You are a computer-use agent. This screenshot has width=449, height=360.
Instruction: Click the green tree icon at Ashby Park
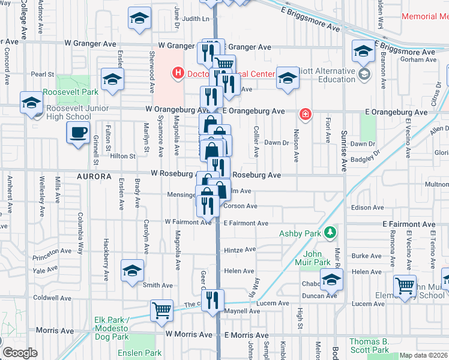[x=329, y=232]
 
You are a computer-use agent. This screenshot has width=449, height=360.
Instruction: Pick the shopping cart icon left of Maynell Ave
[x=161, y=311]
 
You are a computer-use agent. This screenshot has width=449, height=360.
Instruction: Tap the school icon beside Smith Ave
[x=133, y=271]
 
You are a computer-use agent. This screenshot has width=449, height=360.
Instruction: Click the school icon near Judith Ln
[x=139, y=19]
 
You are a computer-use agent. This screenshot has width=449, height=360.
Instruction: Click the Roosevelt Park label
[x=70, y=92]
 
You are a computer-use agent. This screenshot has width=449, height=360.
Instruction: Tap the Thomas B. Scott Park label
[x=370, y=345]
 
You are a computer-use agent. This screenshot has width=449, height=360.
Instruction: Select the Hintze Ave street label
[x=240, y=250]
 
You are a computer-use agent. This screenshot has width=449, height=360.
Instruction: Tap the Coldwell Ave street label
[x=52, y=298]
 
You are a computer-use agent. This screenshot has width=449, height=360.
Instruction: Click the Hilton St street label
[x=123, y=156]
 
